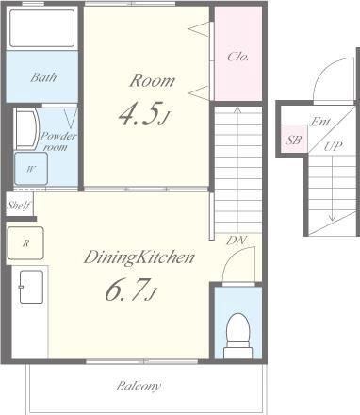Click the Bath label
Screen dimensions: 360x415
pos(43,77)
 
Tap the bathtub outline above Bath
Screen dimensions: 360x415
pos(41,28)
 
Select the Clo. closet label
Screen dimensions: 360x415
pos(238,57)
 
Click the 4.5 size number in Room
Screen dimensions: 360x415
pos(141,113)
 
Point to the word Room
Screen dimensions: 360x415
pos(152,80)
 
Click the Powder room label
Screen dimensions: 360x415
pos(58,141)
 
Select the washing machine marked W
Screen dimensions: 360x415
pos(31,169)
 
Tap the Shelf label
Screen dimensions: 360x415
pos(19,206)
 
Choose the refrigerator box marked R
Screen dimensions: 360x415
pos(25,243)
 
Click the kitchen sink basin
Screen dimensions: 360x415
pos(31,287)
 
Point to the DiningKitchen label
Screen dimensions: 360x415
pos(139,257)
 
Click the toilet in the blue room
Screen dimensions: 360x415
pos(238,335)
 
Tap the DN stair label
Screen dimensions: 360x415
pos(237,241)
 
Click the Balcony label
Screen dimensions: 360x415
pos(139,386)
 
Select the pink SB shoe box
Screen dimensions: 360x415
pos(294,139)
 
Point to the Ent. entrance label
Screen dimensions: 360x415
pos(321,122)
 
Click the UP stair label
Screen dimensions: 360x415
pos(334,146)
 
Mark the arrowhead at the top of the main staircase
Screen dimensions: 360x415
pos(237,109)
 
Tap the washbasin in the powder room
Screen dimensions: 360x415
pos(27,129)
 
